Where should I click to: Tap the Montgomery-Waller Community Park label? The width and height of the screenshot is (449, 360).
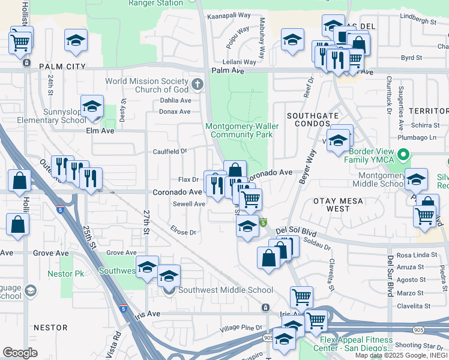tap(239, 130)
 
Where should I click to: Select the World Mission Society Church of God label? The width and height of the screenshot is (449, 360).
tap(149, 85)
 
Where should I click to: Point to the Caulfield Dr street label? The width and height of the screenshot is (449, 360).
tap(170, 152)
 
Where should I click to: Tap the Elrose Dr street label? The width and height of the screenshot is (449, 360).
tap(183, 232)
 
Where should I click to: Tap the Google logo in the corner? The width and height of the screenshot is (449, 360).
tap(20, 353)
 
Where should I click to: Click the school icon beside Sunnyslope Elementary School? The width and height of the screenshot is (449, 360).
tap(92, 106)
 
